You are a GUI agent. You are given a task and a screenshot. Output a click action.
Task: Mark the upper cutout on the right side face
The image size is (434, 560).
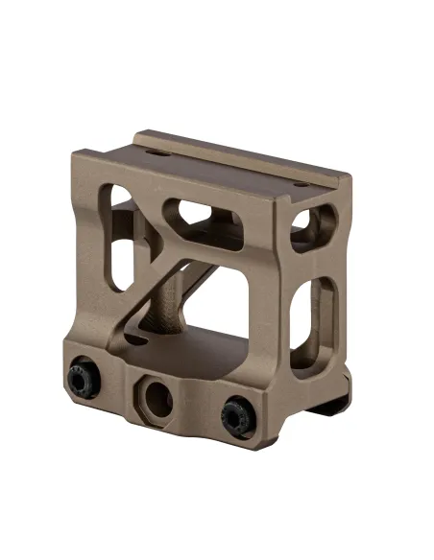pos(301,222)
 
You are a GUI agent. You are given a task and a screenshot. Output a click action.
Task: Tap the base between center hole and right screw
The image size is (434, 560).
pos(197,408)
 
